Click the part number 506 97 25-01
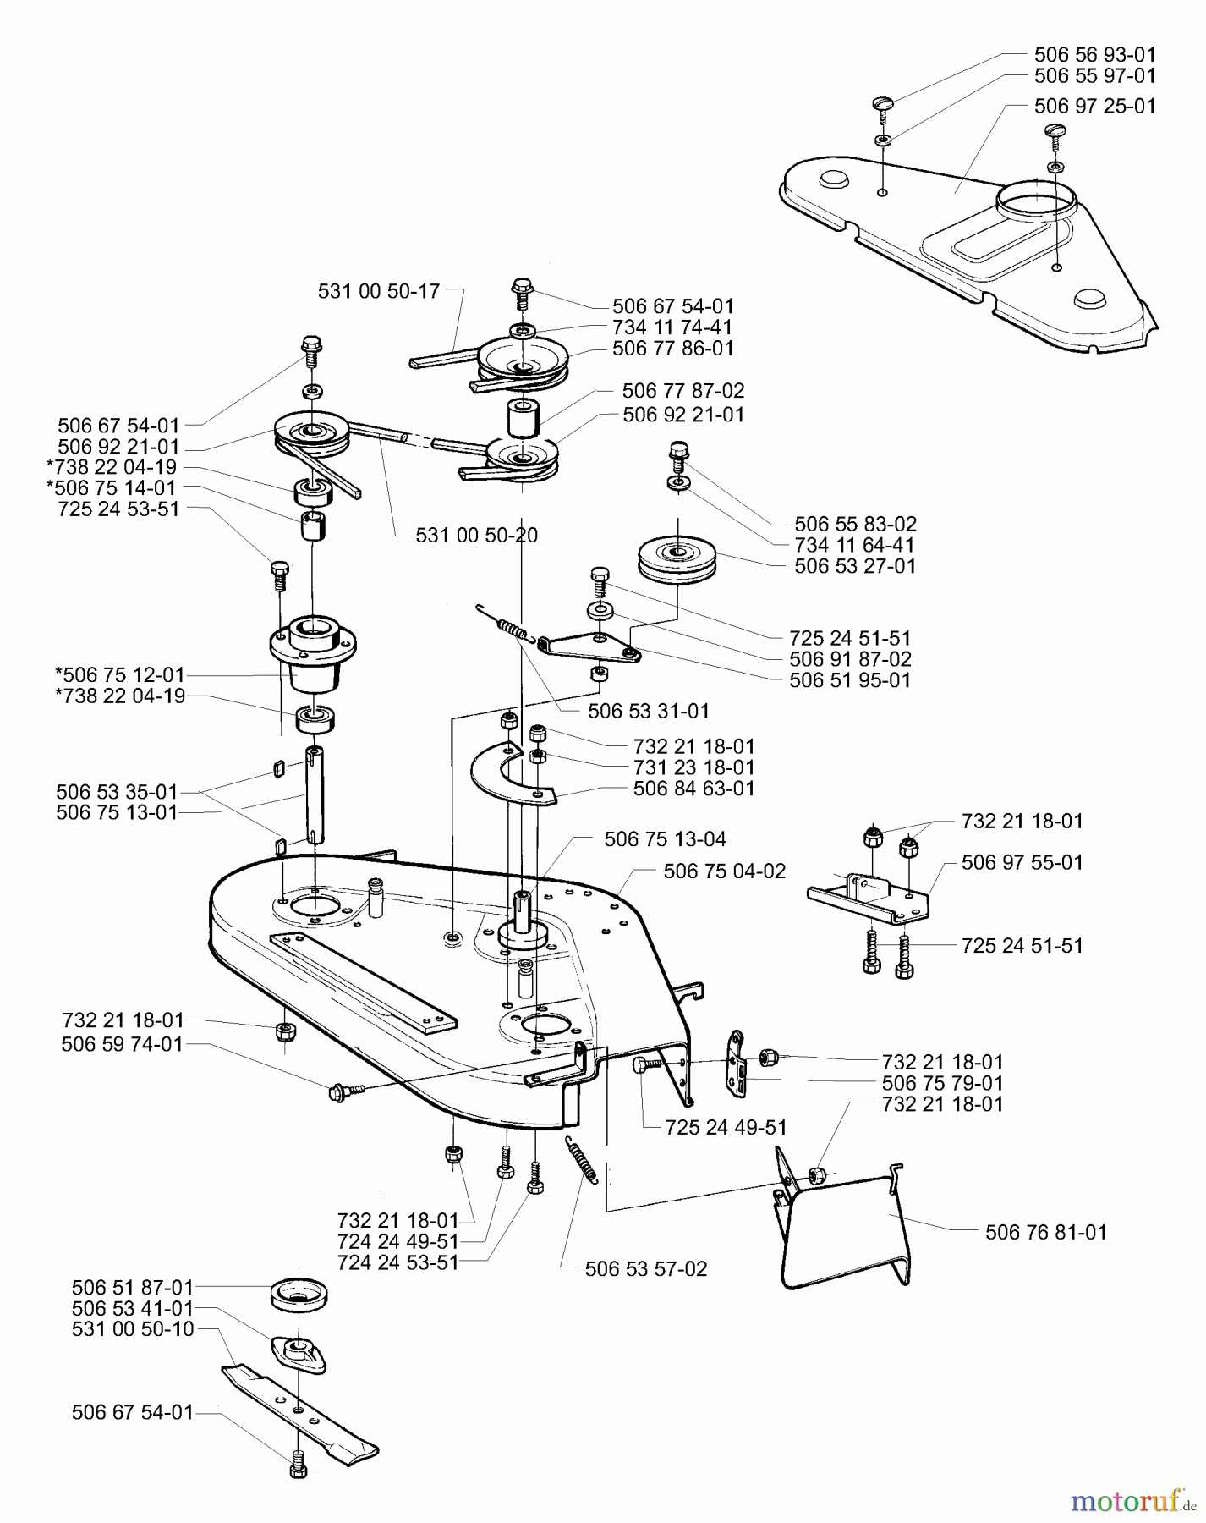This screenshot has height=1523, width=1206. (x=1095, y=107)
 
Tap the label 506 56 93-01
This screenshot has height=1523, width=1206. (x=1095, y=54)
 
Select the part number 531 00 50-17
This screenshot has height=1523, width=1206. (x=379, y=291)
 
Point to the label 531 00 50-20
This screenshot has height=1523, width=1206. (x=477, y=535)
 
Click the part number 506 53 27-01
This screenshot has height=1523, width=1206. (x=855, y=565)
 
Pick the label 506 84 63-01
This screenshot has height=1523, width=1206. (x=693, y=789)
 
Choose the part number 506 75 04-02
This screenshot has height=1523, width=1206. (x=725, y=871)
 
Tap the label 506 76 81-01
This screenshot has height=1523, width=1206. (x=1046, y=1232)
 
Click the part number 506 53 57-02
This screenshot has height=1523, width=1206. (x=645, y=1269)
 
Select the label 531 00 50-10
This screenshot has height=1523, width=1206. (x=133, y=1328)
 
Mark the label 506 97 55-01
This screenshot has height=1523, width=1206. (x=1022, y=863)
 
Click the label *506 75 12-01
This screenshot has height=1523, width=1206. (x=118, y=675)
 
